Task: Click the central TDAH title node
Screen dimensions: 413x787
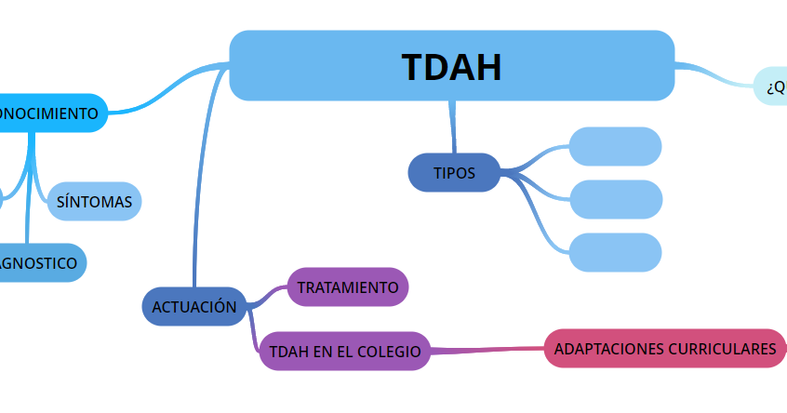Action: tap(451, 66)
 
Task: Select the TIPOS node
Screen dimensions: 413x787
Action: tap(454, 173)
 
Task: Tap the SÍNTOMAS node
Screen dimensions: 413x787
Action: tap(94, 201)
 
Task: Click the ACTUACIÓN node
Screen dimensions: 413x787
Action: tap(193, 306)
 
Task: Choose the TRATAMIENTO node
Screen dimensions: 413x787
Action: tap(348, 287)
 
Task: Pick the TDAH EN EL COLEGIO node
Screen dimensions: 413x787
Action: tap(344, 352)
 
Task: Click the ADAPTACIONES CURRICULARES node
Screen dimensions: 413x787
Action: tap(664, 349)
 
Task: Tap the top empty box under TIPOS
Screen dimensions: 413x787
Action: tap(615, 147)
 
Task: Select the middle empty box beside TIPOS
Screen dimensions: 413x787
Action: tap(615, 199)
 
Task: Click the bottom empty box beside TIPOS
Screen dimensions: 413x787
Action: tap(615, 252)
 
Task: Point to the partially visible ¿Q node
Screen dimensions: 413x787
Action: tap(772, 87)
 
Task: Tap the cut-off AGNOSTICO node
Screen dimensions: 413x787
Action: tap(39, 263)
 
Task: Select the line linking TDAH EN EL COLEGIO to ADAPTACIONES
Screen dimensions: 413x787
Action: tap(487, 350)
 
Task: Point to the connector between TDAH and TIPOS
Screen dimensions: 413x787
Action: tap(453, 127)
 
